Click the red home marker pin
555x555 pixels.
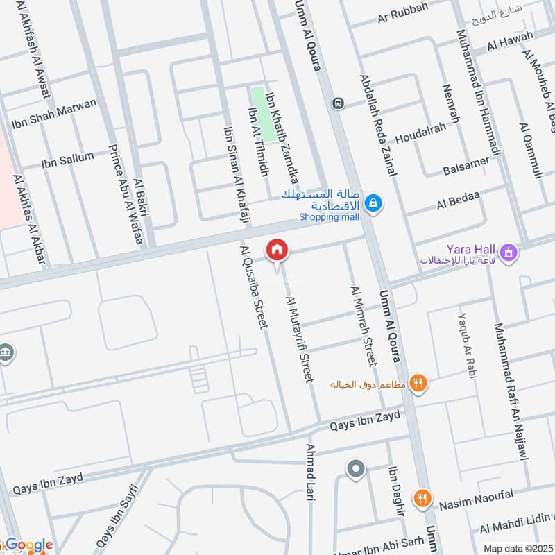tap(277, 250)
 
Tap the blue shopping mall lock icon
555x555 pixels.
tap(374, 203)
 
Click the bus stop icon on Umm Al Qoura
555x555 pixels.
tap(338, 103)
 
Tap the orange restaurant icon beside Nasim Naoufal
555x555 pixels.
tap(422, 497)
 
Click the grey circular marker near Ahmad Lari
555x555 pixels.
tap(356, 470)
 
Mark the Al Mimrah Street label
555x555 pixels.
tap(364, 326)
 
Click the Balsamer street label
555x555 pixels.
tap(466, 166)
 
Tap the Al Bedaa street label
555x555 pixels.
tap(458, 200)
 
